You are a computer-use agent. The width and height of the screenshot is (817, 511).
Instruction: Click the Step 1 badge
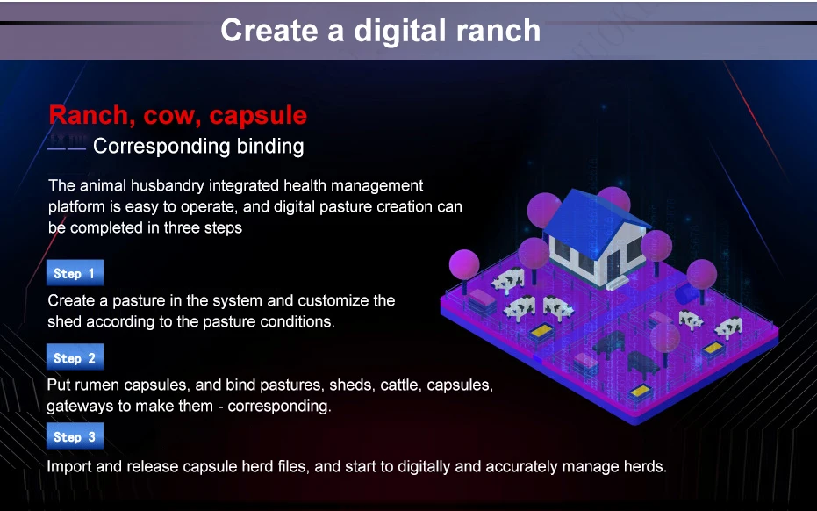pyautogui.click(x=75, y=273)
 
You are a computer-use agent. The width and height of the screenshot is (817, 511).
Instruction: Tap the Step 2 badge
pyautogui.click(x=75, y=357)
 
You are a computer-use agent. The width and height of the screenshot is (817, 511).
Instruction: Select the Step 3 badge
pyautogui.click(x=75, y=435)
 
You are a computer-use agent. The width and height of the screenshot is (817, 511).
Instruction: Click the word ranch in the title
pyautogui.click(x=498, y=30)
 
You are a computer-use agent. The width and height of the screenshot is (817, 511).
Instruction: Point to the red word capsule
pyautogui.click(x=258, y=116)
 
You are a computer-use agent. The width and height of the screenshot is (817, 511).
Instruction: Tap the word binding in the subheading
pyautogui.click(x=270, y=147)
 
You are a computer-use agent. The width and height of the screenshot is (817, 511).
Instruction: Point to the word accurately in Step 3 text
pyautogui.click(x=526, y=466)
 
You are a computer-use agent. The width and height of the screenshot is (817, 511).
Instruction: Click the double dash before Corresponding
pyautogui.click(x=66, y=148)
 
